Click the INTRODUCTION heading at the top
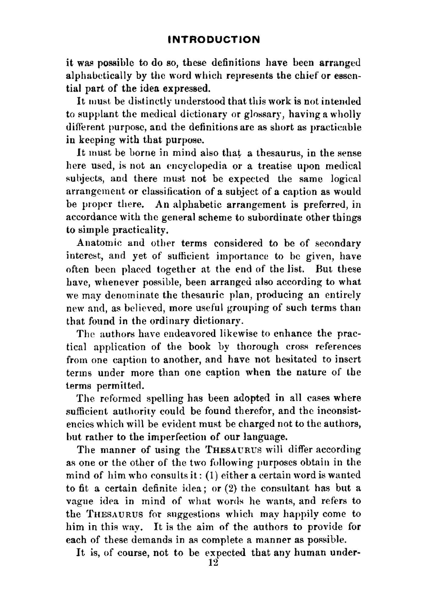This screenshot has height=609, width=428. tap(214, 40)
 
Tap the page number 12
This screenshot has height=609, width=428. tap(213, 563)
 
